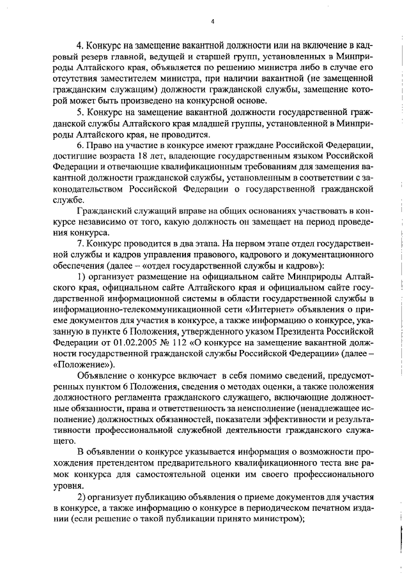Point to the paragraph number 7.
tap(80, 244)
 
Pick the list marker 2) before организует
tap(81, 498)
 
